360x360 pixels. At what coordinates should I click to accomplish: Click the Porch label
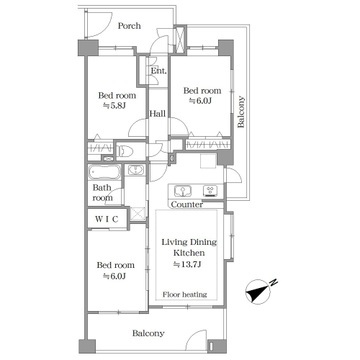pos(129,26)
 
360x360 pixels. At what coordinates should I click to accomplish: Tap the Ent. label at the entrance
pos(159,71)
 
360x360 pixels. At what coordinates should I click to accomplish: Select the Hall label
pos(157,114)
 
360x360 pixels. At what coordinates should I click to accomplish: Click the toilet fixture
pos(126,151)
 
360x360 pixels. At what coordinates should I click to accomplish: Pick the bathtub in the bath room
pos(105,172)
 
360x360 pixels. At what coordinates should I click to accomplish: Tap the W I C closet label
pos(107,219)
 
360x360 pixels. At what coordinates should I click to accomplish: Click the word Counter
pos(187,204)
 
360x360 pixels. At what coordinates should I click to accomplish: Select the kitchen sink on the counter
pos(182,191)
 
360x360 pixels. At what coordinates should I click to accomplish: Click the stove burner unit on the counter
pos(210,190)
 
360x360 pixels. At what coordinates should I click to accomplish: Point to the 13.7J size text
pos(189,265)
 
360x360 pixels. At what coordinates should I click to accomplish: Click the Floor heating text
pos(185,294)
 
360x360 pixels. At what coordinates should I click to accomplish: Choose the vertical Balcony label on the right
pos(241,112)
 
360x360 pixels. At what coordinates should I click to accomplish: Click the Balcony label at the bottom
pos(148,333)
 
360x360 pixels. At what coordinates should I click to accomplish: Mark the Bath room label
pos(103,193)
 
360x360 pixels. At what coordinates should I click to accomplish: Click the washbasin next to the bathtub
pos(135,170)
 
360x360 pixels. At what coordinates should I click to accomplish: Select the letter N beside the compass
pos(274,283)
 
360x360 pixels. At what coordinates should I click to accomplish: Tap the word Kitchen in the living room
pos(189,253)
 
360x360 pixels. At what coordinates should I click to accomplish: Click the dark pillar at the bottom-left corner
pos(87,346)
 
